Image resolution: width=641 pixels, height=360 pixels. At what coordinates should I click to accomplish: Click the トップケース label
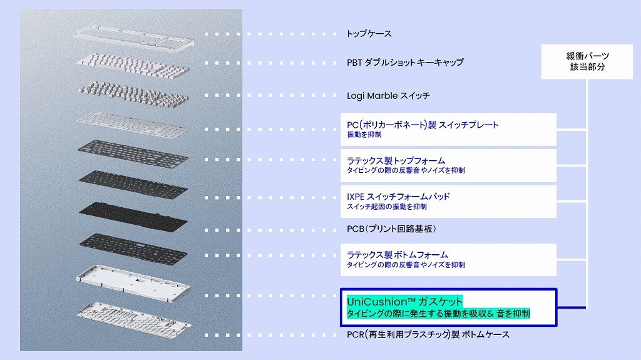(x=369, y=34)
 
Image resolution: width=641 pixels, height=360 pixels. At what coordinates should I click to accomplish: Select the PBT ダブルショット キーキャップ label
(x=405, y=62)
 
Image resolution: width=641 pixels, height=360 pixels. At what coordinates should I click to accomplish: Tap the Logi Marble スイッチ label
(x=388, y=96)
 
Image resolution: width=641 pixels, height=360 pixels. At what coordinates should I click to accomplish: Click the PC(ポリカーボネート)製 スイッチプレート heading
(x=423, y=125)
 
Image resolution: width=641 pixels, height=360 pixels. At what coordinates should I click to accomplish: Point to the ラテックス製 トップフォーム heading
(x=396, y=161)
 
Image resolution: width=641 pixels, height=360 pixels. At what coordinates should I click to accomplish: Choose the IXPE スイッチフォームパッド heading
(x=398, y=197)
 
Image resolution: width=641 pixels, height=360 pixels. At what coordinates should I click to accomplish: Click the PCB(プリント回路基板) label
(x=391, y=229)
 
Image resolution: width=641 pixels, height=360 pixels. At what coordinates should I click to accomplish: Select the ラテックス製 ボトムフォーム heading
(x=397, y=254)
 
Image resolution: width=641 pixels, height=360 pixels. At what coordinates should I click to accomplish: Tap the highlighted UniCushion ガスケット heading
(x=405, y=302)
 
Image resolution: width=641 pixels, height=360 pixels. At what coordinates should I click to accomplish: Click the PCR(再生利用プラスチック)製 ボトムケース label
(x=428, y=334)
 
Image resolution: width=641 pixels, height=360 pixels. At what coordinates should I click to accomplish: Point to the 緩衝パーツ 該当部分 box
(x=587, y=61)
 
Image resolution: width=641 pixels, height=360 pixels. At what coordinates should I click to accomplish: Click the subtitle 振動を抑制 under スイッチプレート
(x=364, y=135)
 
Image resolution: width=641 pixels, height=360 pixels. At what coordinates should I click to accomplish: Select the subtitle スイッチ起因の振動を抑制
(x=387, y=207)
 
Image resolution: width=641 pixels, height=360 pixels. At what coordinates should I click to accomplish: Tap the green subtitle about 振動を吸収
(x=438, y=314)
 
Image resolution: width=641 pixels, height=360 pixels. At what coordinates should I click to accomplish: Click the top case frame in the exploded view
(x=134, y=36)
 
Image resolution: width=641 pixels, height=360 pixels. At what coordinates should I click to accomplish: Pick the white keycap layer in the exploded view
(x=133, y=64)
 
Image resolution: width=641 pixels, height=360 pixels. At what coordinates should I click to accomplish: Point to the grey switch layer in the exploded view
(x=133, y=94)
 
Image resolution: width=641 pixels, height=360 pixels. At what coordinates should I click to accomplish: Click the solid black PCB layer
(x=133, y=216)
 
